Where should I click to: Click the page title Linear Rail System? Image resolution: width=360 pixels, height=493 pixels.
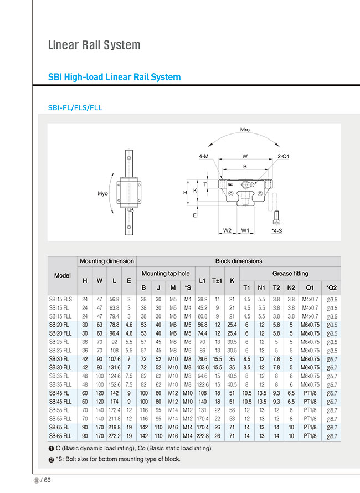tap(94, 45)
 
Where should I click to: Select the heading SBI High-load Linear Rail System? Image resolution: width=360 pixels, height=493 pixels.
tap(115, 77)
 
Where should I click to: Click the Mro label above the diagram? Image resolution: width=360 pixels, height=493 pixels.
tap(245, 130)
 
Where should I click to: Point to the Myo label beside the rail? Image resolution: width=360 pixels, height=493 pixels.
tap(102, 194)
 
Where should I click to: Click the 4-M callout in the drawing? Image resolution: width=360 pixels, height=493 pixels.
tap(203, 157)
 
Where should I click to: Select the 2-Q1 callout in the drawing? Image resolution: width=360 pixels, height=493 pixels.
tap(284, 157)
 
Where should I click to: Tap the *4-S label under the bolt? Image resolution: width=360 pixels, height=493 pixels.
tap(277, 230)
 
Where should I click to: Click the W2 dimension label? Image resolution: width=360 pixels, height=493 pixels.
tap(227, 230)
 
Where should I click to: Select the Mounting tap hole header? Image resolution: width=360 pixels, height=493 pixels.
tap(165, 274)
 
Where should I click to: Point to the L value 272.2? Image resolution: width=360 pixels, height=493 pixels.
tap(114, 436)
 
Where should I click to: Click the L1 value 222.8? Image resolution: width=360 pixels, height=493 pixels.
tap(202, 436)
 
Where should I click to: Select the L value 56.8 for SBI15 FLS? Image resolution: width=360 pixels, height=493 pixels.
tap(114, 299)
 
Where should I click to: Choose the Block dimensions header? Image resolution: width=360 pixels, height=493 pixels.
tap(238, 261)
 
